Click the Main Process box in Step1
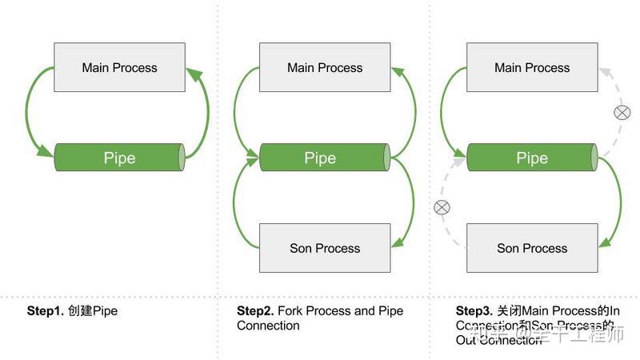[119, 67]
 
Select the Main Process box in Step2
[325, 67]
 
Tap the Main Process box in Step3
[532, 67]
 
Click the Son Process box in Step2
[325, 248]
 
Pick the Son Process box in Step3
[532, 248]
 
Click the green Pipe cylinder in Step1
[119, 158]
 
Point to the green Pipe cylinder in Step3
[532, 158]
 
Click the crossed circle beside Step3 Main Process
[622, 113]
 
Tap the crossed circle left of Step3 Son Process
[442, 208]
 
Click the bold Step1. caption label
[46, 310]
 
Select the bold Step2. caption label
[255, 310]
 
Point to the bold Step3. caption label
[474, 310]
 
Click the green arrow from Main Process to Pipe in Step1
[29, 112]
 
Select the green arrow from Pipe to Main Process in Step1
[206, 112]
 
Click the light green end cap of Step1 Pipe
[182, 158]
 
